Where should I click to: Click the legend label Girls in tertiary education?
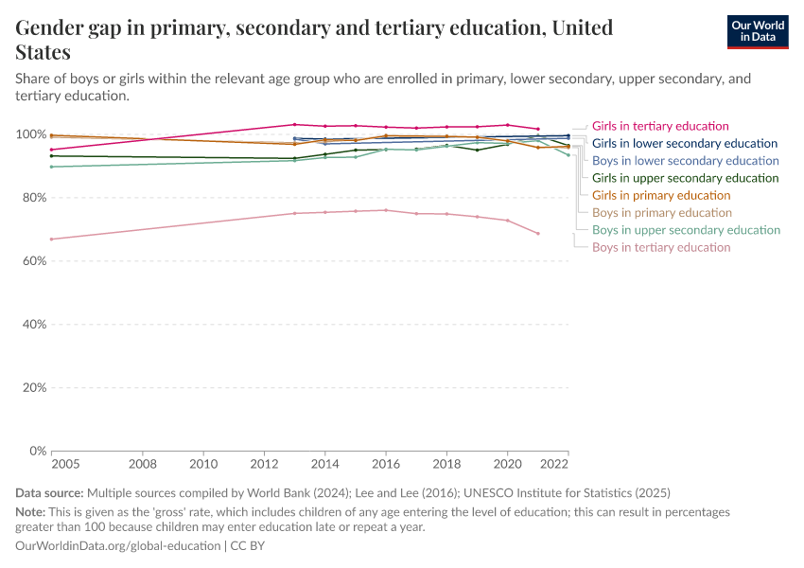coord(660,126)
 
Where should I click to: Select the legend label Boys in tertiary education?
coord(661,247)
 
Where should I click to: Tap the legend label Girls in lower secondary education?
coord(686,144)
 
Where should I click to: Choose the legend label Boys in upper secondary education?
coord(686,230)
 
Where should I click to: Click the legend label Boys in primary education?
coord(662,213)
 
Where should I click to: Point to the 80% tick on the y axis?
coord(32,198)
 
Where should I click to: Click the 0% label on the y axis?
coord(36,451)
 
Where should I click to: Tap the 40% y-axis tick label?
coord(32,325)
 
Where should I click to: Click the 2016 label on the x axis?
coord(386,465)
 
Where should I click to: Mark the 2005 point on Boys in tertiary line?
coord(51,239)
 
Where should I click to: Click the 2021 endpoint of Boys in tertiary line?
coord(538,233)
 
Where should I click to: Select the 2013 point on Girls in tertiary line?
coord(294,124)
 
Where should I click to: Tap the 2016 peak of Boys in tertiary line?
coord(386,210)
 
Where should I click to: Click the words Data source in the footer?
coord(49,493)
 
